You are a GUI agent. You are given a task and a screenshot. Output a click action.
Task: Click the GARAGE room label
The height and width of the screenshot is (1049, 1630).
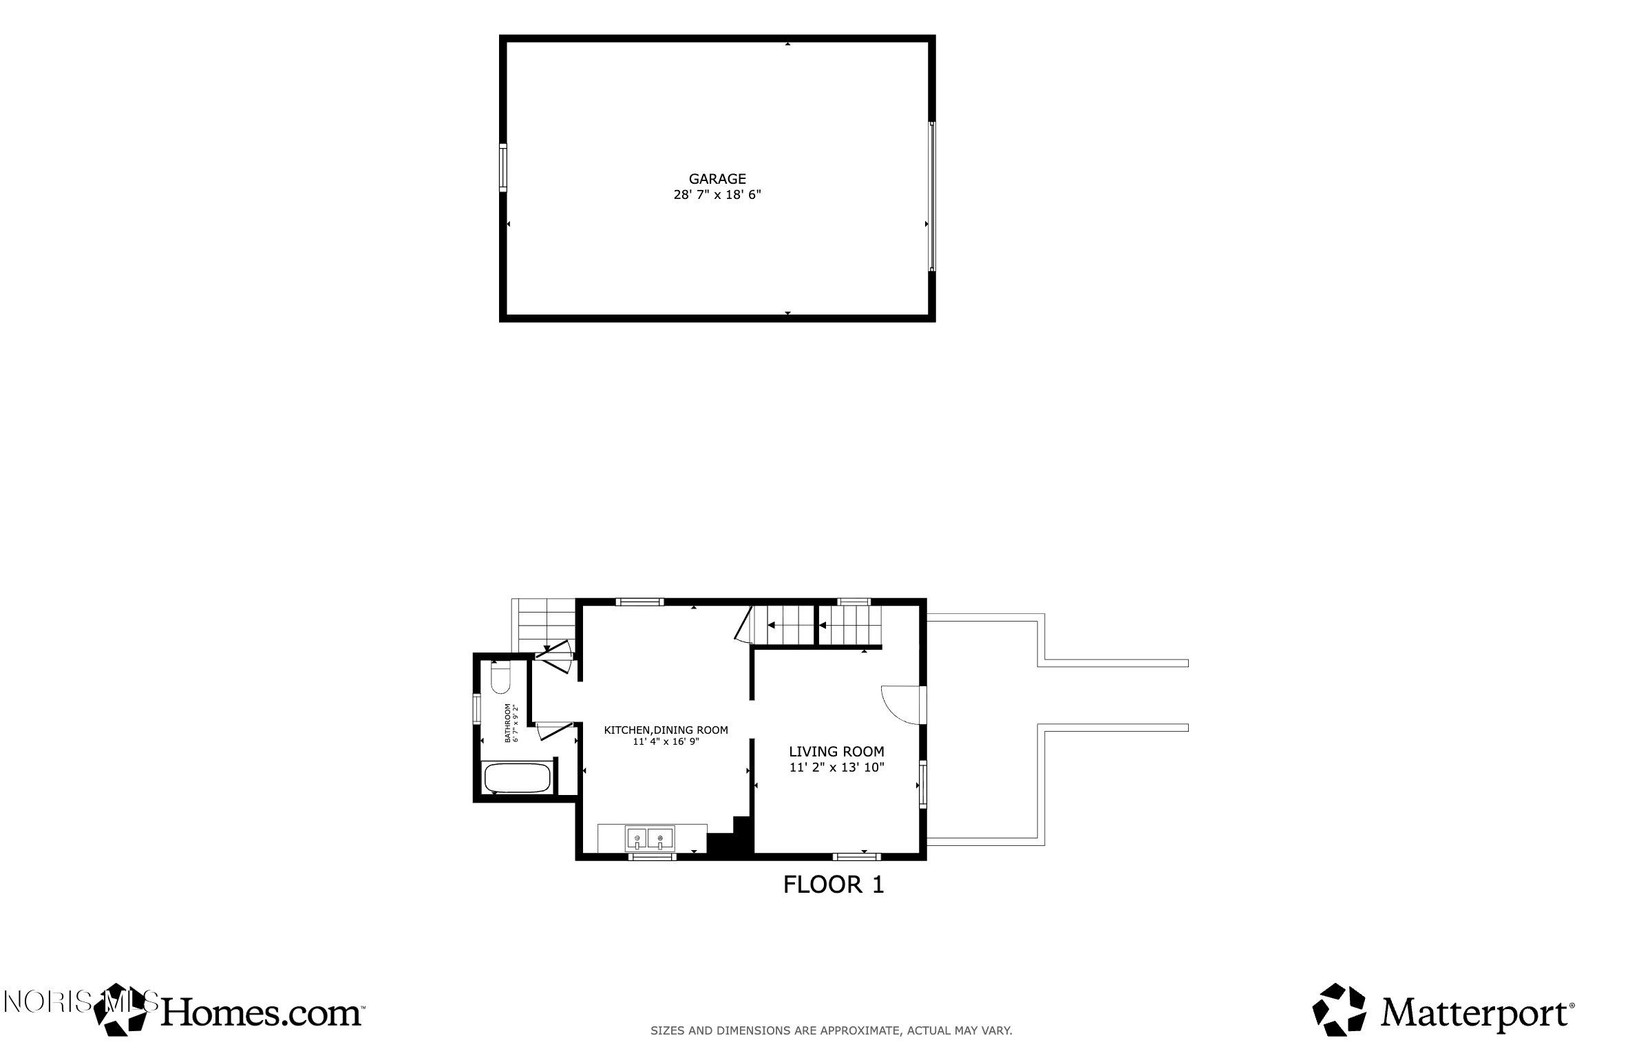(x=717, y=179)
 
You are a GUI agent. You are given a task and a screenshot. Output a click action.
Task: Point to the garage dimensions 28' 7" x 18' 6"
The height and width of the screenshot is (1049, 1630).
(x=717, y=195)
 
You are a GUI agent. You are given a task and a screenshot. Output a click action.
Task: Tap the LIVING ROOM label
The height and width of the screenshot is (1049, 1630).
(x=836, y=752)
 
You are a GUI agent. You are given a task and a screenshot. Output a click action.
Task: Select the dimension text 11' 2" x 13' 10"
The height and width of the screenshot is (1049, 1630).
(x=836, y=767)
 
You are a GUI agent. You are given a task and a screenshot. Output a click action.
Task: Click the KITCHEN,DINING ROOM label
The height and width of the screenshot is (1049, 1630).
(x=666, y=730)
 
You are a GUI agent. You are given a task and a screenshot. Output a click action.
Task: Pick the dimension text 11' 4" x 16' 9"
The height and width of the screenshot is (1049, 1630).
(x=666, y=742)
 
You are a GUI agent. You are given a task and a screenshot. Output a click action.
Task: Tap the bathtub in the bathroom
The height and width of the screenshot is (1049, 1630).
(x=518, y=778)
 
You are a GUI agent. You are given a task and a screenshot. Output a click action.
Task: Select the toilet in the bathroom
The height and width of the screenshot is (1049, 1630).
(x=500, y=678)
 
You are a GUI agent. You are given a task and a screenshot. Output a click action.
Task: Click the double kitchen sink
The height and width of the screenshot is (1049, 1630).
(x=650, y=839)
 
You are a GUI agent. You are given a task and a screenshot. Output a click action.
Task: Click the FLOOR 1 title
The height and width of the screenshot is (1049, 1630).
(x=834, y=884)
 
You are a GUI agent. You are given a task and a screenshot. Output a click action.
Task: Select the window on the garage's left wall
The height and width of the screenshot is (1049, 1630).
(x=503, y=167)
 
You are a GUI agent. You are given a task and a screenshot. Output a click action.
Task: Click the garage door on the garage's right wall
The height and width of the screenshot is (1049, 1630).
(x=932, y=196)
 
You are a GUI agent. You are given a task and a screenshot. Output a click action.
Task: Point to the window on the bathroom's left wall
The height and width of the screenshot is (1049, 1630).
(x=476, y=708)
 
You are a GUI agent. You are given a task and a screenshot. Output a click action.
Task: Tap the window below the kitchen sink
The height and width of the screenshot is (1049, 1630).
(x=652, y=857)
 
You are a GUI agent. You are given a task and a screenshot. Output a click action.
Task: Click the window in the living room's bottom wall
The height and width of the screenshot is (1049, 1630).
(x=857, y=857)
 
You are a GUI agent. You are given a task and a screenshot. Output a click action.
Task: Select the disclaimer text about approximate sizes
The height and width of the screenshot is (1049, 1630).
(x=832, y=1030)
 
